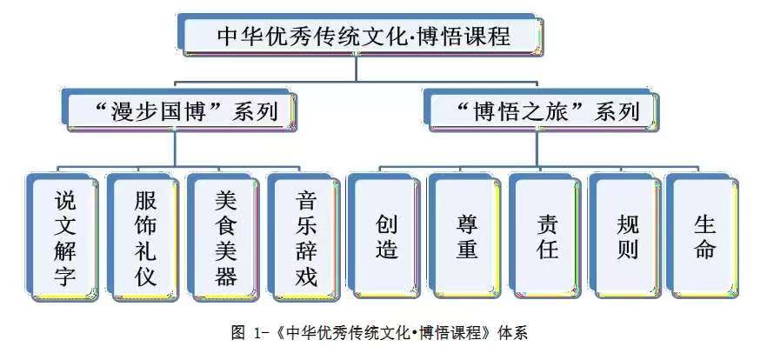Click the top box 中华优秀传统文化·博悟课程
pyautogui.click(x=362, y=37)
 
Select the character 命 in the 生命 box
pyautogui.click(x=704, y=250)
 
